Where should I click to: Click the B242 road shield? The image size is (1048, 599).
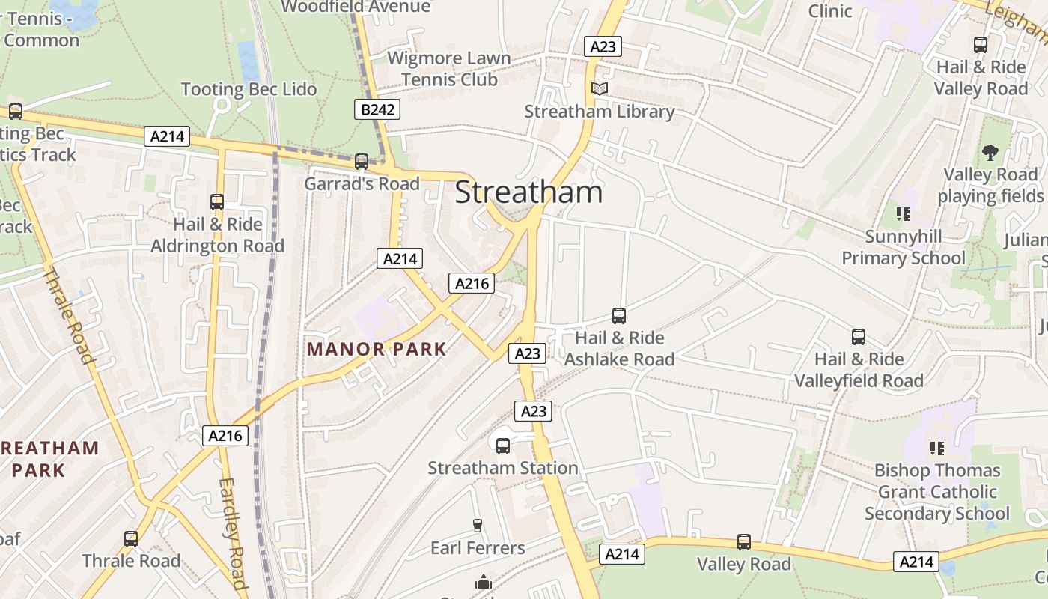377,110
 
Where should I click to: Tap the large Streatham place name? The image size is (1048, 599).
528,192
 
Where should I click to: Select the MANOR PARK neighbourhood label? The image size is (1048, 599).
377,349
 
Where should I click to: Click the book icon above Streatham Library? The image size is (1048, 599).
600,89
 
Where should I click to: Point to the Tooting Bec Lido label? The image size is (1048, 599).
249,89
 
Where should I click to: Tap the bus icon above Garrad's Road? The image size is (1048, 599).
362,161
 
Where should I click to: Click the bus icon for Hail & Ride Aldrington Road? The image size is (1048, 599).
217,202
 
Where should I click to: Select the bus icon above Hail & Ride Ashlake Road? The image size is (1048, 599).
619,316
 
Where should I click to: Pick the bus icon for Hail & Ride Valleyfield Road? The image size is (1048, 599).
859,337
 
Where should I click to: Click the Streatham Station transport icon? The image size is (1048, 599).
503,446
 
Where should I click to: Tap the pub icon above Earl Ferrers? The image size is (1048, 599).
478,526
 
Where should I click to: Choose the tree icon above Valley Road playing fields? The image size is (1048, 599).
990,153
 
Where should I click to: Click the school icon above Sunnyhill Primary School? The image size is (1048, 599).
904,215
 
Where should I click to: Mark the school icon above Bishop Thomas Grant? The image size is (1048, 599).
936,449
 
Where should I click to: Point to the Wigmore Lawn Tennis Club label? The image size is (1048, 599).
449,69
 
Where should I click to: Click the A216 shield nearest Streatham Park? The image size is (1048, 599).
225,435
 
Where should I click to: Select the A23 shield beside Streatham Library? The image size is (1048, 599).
603,46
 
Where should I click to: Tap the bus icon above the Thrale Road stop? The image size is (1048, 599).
131,538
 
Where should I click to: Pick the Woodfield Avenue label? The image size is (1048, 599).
356,7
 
